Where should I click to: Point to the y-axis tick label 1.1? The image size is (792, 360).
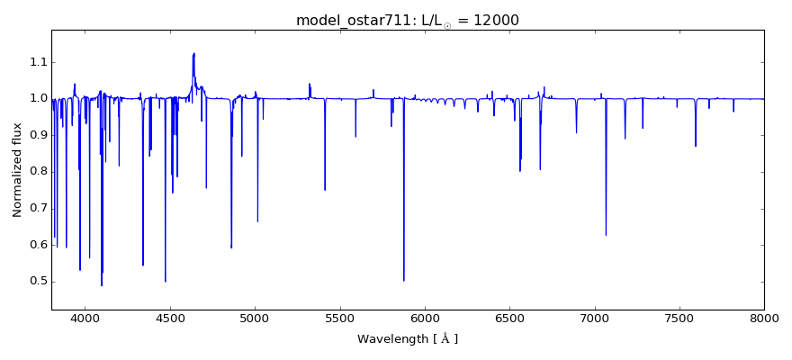tap(37, 62)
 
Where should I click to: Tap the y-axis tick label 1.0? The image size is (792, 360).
tap(37, 98)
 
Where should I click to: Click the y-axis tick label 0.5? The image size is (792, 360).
tap(37, 282)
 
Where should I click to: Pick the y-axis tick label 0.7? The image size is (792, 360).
tap(37, 209)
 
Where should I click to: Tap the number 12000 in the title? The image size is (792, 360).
tap(493, 20)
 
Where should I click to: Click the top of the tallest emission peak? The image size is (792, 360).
tap(193, 53)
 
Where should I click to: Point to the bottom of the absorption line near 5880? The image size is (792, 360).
tap(403, 281)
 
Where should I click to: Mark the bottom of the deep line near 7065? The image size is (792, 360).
tap(606, 235)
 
